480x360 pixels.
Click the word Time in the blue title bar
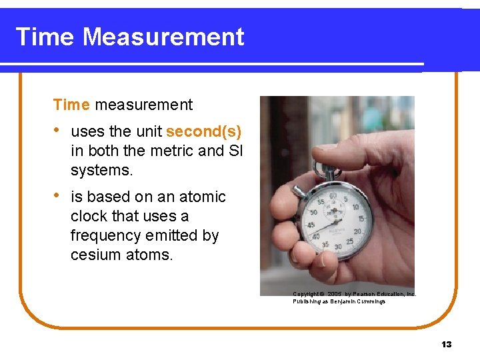coord(45,37)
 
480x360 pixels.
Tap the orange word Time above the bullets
coord(71,105)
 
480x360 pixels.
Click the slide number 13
coord(446,344)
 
